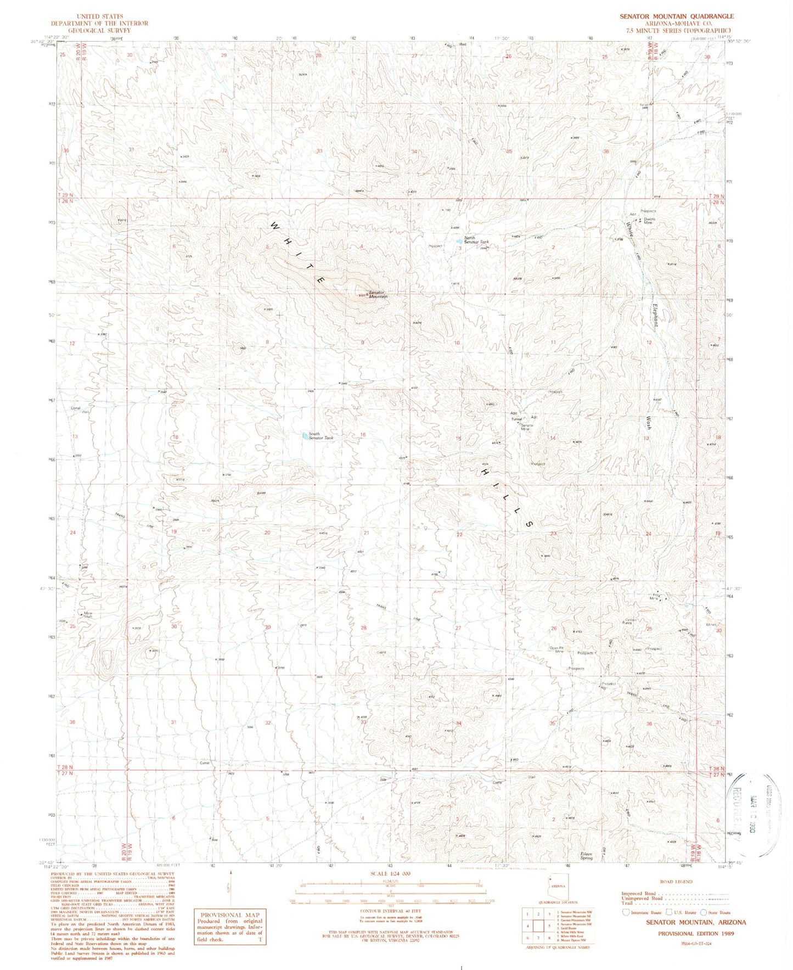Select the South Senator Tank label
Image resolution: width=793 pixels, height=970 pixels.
[x=321, y=436]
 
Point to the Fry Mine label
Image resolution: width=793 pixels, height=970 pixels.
[x=656, y=597]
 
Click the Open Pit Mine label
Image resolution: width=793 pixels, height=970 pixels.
[x=557, y=649]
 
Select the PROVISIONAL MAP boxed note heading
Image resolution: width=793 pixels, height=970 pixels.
[x=229, y=915]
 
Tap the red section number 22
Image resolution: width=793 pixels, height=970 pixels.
[x=459, y=534]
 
